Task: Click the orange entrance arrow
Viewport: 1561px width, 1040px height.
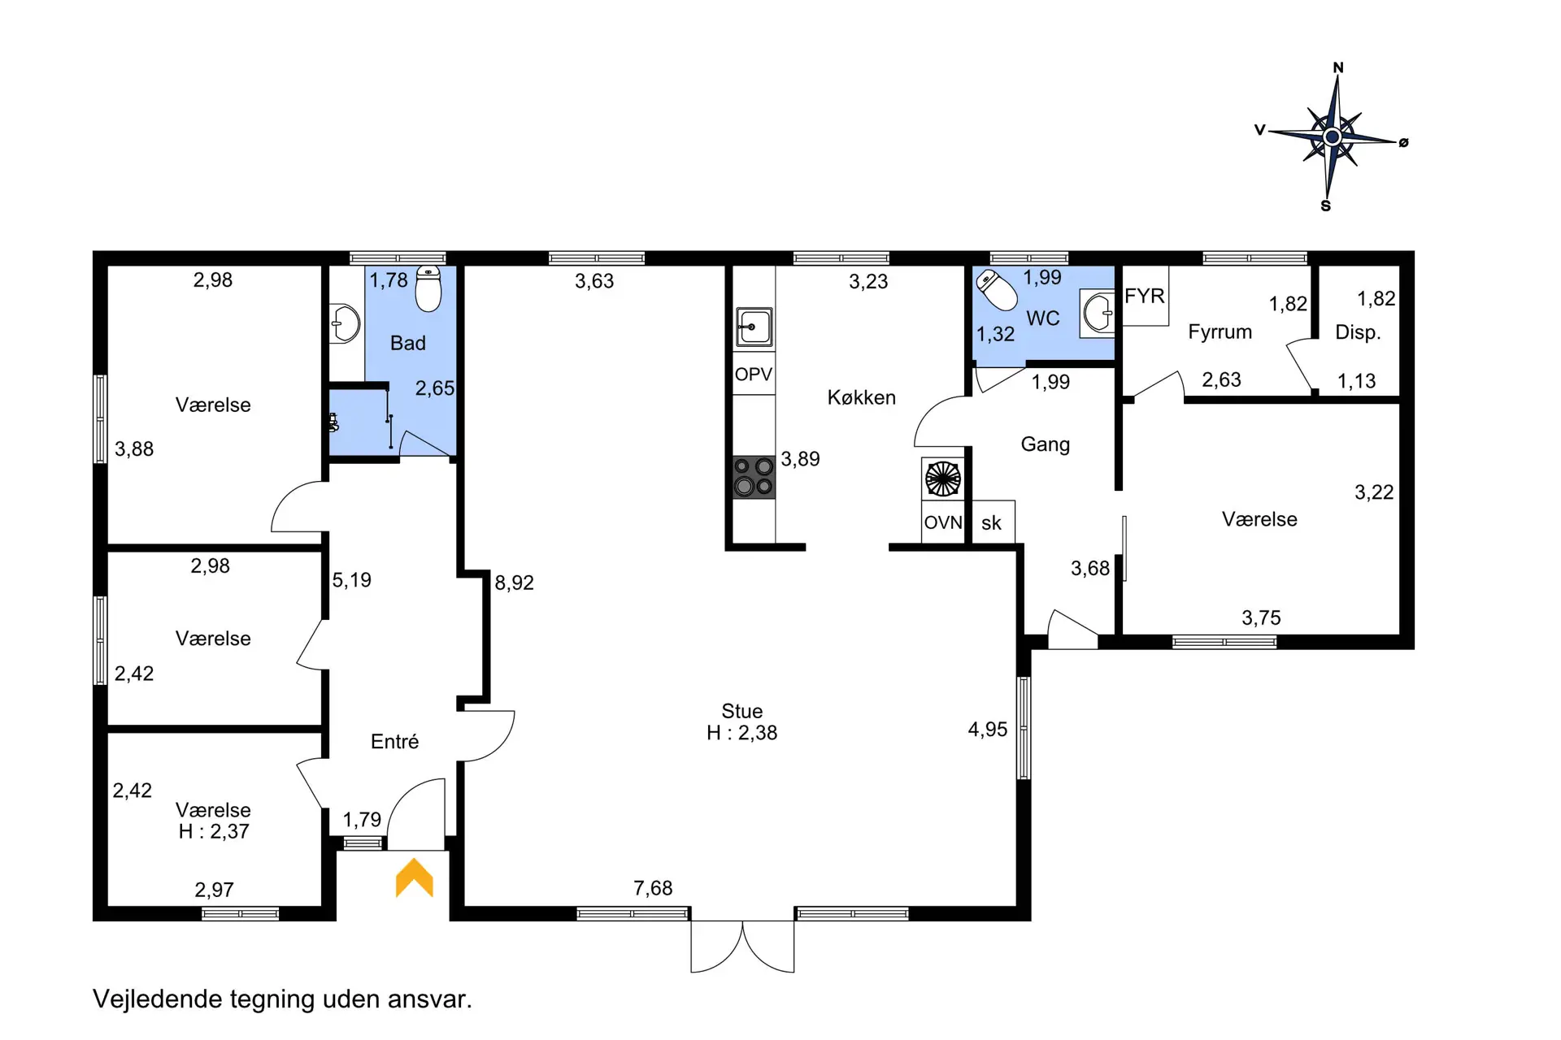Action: [x=415, y=877]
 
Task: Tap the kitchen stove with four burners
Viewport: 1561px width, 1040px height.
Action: [x=754, y=477]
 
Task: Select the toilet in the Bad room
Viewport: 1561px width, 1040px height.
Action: [x=428, y=288]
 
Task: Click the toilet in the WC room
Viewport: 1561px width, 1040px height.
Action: [x=997, y=290]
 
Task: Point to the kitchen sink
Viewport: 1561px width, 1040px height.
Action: [x=754, y=327]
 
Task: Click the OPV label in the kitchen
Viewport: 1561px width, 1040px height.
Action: [x=754, y=375]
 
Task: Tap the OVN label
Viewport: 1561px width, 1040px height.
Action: [x=943, y=522]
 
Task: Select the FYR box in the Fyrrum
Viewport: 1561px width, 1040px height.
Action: [x=1145, y=296]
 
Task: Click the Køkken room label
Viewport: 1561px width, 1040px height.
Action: [x=862, y=397]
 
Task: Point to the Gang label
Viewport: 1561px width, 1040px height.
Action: [x=1046, y=444]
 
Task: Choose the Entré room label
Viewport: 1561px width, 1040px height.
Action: [x=395, y=741]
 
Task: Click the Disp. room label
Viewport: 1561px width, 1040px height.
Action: [x=1358, y=332]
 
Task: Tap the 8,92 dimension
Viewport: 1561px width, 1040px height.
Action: [x=515, y=583]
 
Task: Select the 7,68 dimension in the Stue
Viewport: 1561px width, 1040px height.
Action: [x=653, y=888]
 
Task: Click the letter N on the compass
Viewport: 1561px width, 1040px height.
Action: [x=1338, y=67]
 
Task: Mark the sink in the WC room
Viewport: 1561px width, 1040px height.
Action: [x=1098, y=313]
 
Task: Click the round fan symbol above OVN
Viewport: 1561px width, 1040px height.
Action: [x=943, y=479]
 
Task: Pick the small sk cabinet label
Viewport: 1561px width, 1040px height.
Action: [x=991, y=523]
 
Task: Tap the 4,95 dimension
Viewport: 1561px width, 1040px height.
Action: [x=988, y=730]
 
